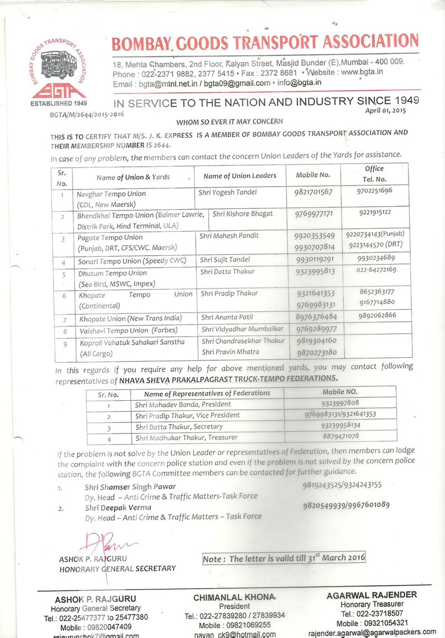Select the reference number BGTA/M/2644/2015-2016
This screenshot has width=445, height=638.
coord(86,114)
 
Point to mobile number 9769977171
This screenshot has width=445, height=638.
coord(314,213)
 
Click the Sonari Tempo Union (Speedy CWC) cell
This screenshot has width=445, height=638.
coord(131,260)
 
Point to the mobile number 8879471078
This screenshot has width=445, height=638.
coord(340,437)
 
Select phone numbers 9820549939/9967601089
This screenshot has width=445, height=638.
coord(346,505)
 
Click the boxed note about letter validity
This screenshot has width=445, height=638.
coord(284,557)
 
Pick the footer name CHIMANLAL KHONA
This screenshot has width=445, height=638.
coord(234,597)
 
